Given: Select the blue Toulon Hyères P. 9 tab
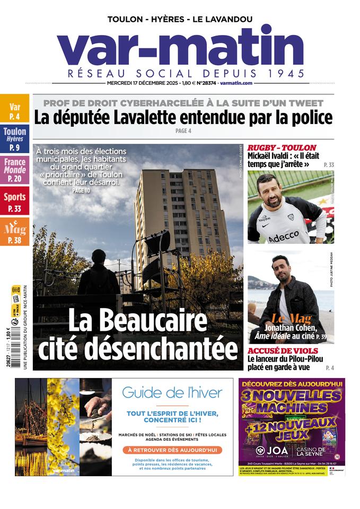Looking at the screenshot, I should click(x=14, y=139).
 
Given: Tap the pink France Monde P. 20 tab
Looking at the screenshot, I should click(x=14, y=170).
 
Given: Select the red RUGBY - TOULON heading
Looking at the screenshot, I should click(x=282, y=147).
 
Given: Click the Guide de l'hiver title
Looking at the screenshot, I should click(x=172, y=393).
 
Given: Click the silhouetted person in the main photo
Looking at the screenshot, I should click(x=99, y=273).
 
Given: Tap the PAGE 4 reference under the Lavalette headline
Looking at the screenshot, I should click(x=182, y=131).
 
